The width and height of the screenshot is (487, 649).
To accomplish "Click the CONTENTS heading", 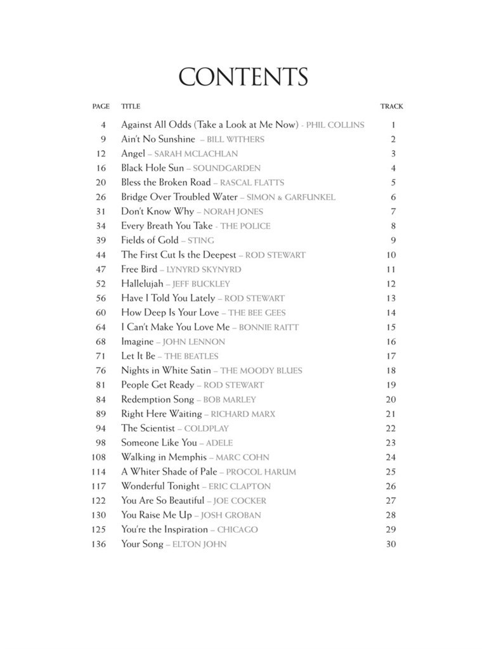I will point(243,77).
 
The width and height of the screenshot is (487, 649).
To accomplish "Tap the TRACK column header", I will point(391,106).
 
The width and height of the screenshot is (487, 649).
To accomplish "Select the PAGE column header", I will point(101,106).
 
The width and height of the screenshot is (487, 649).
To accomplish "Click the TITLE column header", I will point(131,106).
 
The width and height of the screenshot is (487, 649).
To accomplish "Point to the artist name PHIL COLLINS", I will point(335,125).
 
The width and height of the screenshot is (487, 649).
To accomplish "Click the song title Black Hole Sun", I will point(152,168).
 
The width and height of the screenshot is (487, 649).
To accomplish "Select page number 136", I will point(99,544).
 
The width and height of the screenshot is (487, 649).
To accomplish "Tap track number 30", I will point(391,544).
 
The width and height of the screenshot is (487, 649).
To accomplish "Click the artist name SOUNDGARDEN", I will point(226,169).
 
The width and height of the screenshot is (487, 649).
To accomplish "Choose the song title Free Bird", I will point(139,269).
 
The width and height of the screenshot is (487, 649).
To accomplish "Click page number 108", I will point(99,457).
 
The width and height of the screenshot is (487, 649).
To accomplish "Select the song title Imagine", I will point(137,342).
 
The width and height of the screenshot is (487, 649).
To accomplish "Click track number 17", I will point(391,356).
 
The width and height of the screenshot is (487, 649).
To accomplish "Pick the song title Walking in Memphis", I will point(164,457).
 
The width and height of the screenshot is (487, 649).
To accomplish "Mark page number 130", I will point(99,515).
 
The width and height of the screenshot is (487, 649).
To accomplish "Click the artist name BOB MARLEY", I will point(230,400).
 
